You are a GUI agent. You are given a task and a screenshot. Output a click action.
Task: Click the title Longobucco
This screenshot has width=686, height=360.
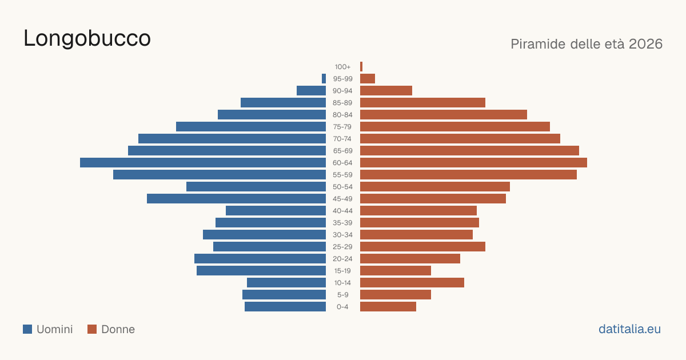pyautogui.click(x=87, y=38)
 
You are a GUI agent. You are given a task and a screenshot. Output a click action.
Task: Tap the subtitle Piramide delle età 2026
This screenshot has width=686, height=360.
pyautogui.click(x=587, y=44)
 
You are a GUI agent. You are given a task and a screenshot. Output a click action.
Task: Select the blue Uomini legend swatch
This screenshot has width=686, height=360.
pyautogui.click(x=27, y=329)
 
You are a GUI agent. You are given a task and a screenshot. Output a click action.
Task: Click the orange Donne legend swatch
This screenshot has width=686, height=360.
pyautogui.click(x=92, y=329)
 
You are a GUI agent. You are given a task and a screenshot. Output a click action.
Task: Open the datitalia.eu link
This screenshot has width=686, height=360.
pyautogui.click(x=629, y=329)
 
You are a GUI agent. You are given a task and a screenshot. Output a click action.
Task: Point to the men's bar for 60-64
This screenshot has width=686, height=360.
pyautogui.click(x=203, y=162)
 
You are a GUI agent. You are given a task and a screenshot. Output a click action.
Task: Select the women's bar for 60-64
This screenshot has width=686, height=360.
pyautogui.click(x=473, y=162)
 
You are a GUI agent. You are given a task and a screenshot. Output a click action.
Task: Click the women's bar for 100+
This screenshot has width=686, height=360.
pyautogui.click(x=361, y=66)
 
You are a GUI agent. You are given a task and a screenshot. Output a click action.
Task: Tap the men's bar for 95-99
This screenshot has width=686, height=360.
pyautogui.click(x=324, y=78)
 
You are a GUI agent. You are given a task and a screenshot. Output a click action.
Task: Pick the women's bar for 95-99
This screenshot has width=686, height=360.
pyautogui.click(x=368, y=78)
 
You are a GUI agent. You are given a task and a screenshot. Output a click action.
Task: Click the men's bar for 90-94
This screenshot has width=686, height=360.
pyautogui.click(x=311, y=91)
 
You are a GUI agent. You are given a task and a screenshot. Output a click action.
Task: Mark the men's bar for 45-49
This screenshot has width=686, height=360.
pyautogui.click(x=236, y=199)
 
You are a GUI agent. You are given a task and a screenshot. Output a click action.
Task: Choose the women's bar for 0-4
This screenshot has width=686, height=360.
pyautogui.click(x=388, y=307)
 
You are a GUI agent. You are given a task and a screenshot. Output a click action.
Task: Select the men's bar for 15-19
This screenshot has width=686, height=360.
pyautogui.click(x=261, y=271)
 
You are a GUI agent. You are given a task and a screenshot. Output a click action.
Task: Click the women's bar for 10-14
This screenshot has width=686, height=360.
pyautogui.click(x=412, y=282)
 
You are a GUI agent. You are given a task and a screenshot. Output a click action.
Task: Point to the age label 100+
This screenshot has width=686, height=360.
pyautogui.click(x=342, y=67)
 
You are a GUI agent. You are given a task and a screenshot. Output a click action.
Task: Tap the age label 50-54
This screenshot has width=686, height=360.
pyautogui.click(x=342, y=187)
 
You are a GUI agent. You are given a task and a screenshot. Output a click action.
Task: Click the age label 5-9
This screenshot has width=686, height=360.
pyautogui.click(x=342, y=295)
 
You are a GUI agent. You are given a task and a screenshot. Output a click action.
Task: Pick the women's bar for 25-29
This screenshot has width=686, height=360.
pyautogui.click(x=422, y=247)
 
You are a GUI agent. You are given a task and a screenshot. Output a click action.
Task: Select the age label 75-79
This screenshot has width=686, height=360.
pyautogui.click(x=342, y=127)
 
